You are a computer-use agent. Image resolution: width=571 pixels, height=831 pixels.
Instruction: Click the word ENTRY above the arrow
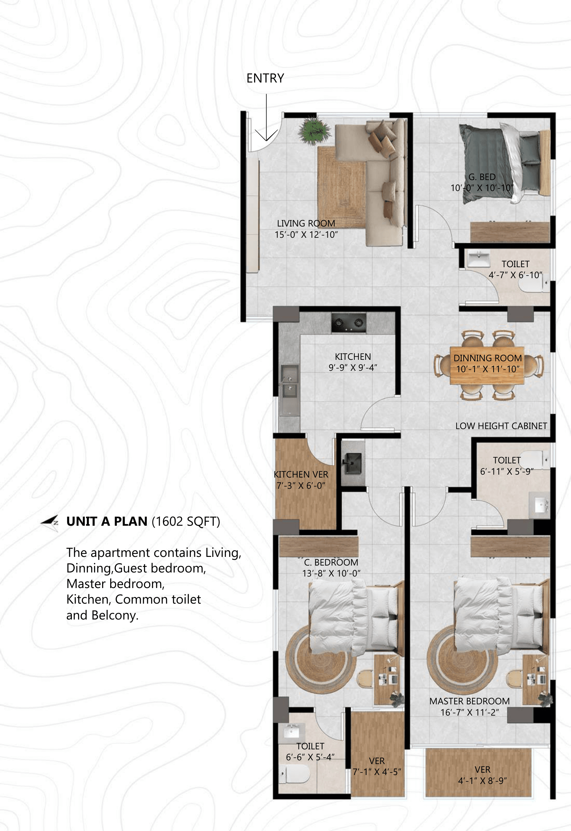tap(265, 78)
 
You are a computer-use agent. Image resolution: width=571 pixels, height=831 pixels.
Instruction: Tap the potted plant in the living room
tap(314, 130)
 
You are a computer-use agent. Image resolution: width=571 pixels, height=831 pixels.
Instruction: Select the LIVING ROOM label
tap(306, 223)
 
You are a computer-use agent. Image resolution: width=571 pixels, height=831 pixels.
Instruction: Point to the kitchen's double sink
tap(289, 381)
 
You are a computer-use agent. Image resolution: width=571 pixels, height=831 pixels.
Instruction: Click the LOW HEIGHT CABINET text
tap(501, 426)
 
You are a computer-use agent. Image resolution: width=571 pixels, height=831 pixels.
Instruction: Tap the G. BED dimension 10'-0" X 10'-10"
tap(482, 188)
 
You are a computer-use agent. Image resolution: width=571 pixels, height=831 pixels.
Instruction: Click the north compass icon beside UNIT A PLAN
tap(50, 523)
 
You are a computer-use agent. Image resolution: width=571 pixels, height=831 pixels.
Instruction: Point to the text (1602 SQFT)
tap(186, 521)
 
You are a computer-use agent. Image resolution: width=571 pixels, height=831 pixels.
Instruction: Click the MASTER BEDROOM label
tap(469, 701)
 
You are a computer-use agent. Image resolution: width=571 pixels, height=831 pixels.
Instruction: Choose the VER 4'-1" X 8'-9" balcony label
tap(482, 775)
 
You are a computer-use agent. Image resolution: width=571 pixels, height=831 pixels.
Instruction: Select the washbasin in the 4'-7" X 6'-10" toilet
tap(479, 259)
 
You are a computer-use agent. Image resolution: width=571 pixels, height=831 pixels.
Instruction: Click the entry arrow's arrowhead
tap(266, 136)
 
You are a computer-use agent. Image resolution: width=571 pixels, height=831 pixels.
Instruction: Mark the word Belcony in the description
tap(114, 615)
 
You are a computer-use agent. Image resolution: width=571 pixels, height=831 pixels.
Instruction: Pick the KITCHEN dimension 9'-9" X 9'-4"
tap(353, 368)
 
